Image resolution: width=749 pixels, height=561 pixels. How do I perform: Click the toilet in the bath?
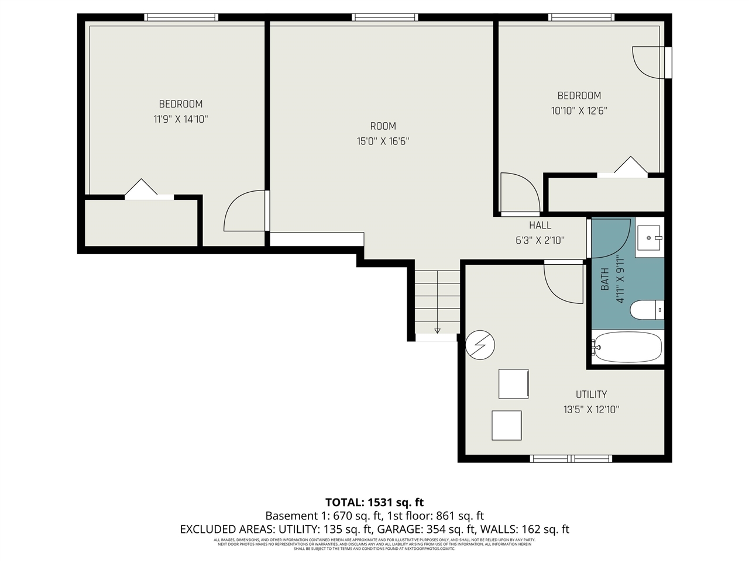point(646,310)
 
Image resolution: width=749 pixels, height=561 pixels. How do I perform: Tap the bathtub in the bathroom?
point(627,347)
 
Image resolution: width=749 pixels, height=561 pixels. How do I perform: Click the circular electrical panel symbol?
point(480,345)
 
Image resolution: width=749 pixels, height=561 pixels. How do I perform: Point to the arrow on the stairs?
point(437,330)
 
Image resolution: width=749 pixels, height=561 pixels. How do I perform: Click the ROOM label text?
point(383,126)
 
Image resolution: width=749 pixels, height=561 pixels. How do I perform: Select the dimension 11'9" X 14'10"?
point(181,119)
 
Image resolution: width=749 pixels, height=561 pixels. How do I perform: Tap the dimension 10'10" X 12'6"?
point(579,110)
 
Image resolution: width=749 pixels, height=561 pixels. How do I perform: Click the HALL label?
point(540,225)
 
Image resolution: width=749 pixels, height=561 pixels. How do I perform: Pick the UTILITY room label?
point(591,394)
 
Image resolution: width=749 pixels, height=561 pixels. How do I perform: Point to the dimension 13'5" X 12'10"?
point(591,410)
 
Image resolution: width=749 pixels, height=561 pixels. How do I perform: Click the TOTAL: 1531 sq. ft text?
point(374,502)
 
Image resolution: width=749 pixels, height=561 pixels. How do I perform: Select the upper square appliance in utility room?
point(513,384)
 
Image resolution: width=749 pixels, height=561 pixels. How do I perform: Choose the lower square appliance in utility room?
point(506,425)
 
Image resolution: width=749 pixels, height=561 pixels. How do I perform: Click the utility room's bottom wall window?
point(571,459)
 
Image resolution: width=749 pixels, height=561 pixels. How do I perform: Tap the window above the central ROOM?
point(384,18)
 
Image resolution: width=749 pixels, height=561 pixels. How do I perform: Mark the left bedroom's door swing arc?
point(243,210)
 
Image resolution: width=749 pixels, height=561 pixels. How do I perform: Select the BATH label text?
point(605,279)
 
